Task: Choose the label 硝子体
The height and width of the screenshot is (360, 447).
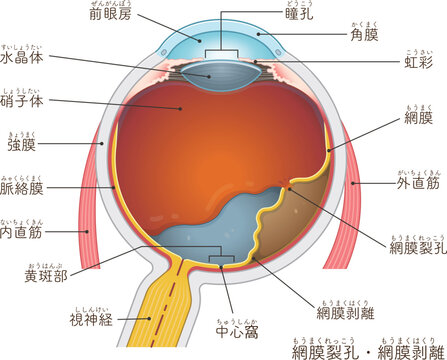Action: pos(25,101)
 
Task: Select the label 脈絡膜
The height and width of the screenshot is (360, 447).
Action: pos(24,187)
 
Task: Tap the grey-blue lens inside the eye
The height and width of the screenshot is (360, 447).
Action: pos(211,71)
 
